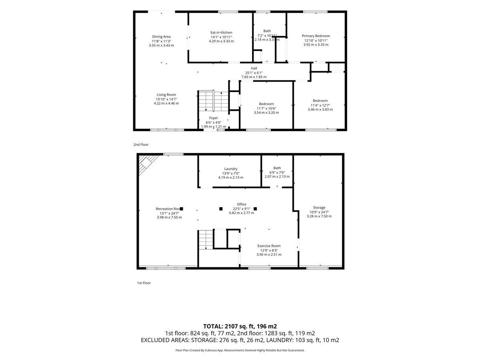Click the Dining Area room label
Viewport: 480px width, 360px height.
161,36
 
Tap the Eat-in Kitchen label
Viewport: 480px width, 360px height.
221,32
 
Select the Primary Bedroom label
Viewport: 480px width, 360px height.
316,36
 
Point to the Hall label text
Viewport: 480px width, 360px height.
254,68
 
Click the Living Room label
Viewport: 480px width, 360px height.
166,95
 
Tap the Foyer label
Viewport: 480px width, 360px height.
213,118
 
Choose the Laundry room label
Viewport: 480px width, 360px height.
230,169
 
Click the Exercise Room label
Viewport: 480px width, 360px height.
269,246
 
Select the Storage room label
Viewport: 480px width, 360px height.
319,208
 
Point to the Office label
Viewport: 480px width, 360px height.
242,204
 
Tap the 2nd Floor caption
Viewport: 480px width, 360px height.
141,144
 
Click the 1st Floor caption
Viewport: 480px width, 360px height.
144,283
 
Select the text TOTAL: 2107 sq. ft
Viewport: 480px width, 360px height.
229,326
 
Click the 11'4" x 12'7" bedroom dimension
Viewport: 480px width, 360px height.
320,105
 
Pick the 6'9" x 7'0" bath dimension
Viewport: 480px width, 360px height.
277,172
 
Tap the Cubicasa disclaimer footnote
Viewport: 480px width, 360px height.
240,350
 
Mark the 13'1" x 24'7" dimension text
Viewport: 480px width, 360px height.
169,213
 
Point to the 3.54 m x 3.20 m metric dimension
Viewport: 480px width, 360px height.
266,112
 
